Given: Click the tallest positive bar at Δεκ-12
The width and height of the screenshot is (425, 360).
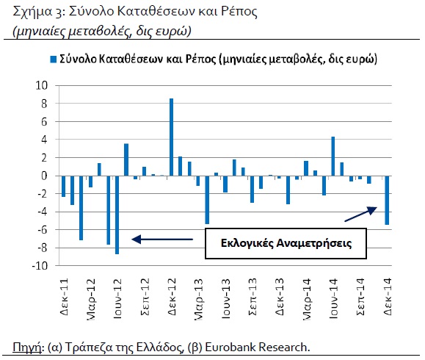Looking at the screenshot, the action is click(x=171, y=137).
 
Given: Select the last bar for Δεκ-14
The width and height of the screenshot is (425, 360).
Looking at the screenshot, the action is click(x=387, y=201).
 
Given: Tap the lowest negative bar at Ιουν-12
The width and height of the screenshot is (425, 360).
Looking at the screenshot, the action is click(x=117, y=215).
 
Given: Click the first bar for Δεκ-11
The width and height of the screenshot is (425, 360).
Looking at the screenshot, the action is click(x=63, y=186).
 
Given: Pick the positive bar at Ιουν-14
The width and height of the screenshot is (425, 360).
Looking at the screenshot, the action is click(x=333, y=156).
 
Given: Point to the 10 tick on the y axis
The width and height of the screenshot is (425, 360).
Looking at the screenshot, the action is click(x=41, y=85).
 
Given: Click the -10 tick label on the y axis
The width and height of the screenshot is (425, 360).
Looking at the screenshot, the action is click(x=40, y=266).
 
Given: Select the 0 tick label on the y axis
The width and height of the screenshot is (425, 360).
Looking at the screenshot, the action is click(x=44, y=176).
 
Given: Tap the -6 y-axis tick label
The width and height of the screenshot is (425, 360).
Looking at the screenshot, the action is click(x=43, y=230).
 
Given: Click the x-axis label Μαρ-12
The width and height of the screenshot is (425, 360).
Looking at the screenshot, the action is click(x=90, y=299).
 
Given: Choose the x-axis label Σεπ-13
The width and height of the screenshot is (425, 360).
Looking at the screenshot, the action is click(x=253, y=296).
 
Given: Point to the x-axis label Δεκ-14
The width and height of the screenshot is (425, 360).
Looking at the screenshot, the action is click(x=388, y=296).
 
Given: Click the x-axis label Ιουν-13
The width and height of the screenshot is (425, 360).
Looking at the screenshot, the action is click(x=225, y=298).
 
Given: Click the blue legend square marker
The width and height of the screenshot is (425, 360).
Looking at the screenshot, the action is click(x=53, y=59).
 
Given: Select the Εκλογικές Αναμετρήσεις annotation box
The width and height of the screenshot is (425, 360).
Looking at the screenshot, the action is click(x=286, y=243).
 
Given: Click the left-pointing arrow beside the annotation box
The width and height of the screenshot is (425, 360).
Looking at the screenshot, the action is click(x=162, y=240).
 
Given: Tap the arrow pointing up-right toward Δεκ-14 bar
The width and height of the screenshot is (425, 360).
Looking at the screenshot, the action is click(x=360, y=214).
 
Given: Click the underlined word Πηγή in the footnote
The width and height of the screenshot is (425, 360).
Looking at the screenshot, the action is click(x=26, y=348).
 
